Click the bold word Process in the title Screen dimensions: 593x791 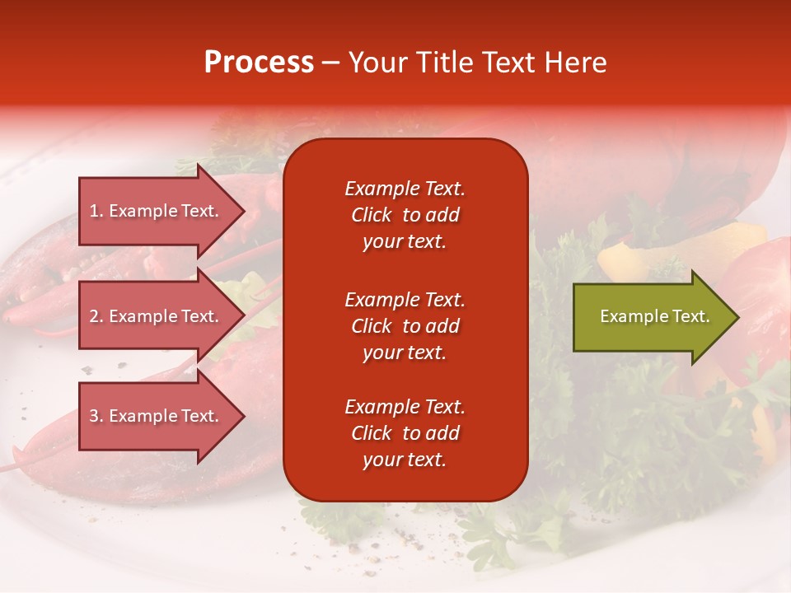259,63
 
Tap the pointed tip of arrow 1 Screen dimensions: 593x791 243,211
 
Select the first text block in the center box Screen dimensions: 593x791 405,215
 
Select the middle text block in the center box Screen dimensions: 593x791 405,326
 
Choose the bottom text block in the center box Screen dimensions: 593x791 405,433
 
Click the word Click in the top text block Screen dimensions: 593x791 371,215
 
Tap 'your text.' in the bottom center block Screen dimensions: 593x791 405,460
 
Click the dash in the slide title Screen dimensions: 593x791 331,63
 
